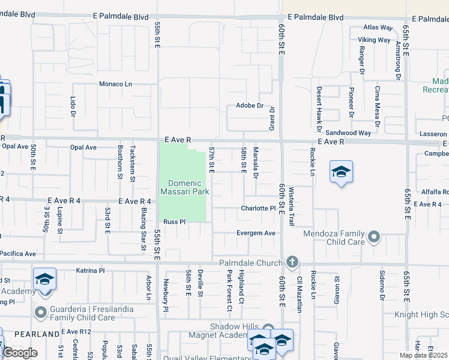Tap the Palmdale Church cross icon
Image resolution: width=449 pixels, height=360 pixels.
pos(292,262)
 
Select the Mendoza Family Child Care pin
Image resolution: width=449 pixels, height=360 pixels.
pos(375,238)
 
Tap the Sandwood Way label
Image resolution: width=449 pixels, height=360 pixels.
pos(348,133)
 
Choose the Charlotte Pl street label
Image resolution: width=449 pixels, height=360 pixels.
pos(258,208)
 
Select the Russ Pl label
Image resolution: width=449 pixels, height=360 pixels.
pos(175,221)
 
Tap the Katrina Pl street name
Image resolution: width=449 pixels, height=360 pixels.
pos(90,271)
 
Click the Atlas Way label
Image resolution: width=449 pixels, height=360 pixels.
pos(378,28)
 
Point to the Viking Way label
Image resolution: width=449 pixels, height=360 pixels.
pos(375,40)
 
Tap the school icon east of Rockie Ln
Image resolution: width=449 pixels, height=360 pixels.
pos(340,173)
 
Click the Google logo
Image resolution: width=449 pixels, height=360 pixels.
pos(20,353)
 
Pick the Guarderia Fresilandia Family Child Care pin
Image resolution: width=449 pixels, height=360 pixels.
pos(41,312)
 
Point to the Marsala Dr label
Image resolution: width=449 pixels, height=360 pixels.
pos(256,163)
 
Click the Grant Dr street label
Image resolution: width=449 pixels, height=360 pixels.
pos(271,118)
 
